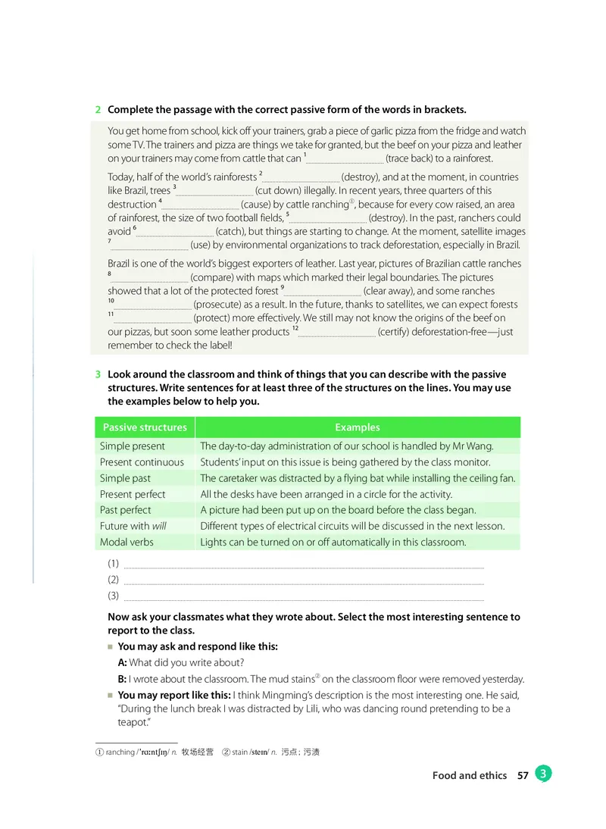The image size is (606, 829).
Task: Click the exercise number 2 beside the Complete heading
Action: click(x=98, y=110)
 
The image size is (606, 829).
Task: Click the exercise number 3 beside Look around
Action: click(x=98, y=374)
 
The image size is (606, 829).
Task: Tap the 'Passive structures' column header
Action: click(x=145, y=427)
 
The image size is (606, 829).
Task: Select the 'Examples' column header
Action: click(x=357, y=427)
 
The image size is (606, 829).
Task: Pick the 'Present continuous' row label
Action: click(x=142, y=462)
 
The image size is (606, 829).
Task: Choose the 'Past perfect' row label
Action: click(x=126, y=510)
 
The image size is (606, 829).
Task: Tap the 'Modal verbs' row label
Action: click(x=127, y=542)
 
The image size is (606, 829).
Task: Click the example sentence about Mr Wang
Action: click(x=347, y=446)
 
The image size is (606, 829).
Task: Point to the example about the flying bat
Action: click(x=358, y=478)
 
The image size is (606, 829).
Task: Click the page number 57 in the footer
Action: click(x=522, y=775)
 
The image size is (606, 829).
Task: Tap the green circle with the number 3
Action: click(x=543, y=774)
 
